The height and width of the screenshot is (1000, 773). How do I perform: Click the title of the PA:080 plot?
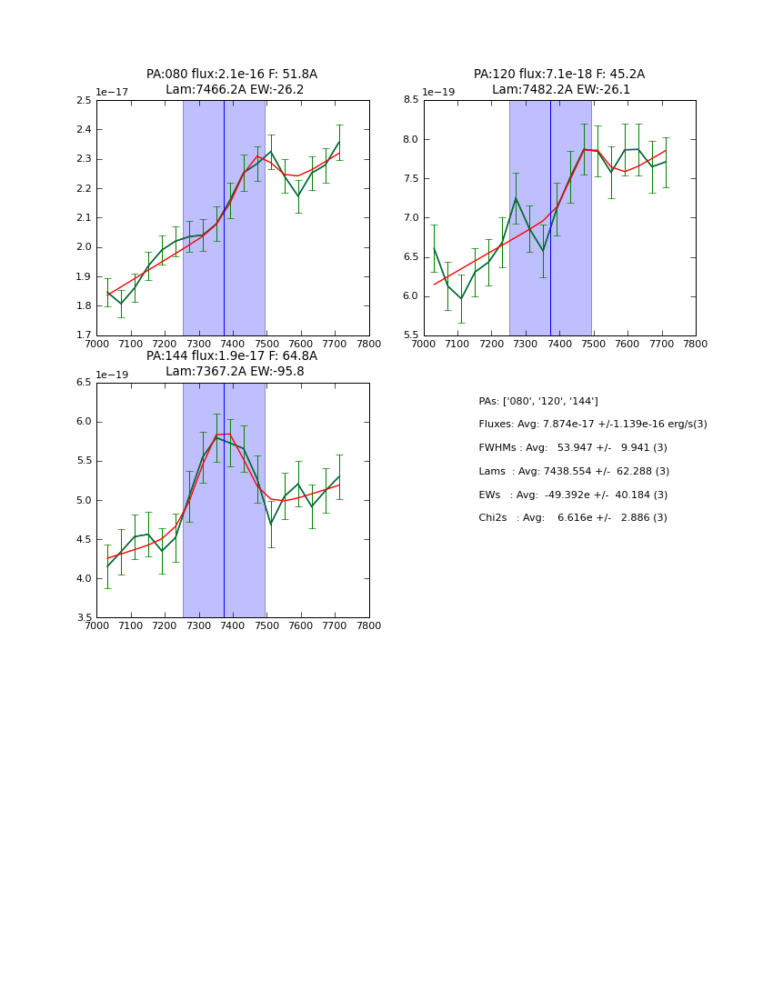pos(232,82)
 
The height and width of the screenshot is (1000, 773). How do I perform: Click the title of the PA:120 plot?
pos(559,82)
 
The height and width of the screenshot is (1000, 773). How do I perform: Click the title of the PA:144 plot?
pos(232,364)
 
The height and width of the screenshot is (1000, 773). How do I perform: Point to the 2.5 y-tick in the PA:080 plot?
pos(83,100)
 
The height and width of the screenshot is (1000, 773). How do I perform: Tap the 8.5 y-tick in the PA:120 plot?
pos(409,100)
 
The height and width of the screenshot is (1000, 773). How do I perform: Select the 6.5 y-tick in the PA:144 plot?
pos(83,383)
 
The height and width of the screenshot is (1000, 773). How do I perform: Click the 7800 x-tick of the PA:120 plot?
pos(696,344)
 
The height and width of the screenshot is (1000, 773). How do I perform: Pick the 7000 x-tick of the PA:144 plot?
pos(96,625)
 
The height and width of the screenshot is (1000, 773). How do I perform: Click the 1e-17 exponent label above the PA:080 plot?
pos(113,93)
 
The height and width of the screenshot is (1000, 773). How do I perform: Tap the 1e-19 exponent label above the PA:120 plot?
pos(439,93)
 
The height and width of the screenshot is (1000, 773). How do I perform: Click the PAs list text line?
pos(538,401)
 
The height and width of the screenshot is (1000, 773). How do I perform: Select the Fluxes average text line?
pos(593,425)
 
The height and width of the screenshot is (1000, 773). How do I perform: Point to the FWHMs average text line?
pos(573,447)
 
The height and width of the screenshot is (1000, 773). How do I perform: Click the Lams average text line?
pos(574,471)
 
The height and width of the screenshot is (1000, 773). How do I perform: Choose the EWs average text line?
pos(573,495)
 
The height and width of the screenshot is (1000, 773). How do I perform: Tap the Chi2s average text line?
pos(573,518)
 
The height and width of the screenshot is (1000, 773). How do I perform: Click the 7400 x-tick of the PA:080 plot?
pos(233,344)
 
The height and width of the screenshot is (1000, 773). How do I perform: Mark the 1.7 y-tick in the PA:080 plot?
pos(83,335)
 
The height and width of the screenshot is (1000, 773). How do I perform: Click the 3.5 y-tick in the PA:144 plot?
pos(83,618)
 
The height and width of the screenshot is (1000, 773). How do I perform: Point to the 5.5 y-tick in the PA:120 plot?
pos(409,335)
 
